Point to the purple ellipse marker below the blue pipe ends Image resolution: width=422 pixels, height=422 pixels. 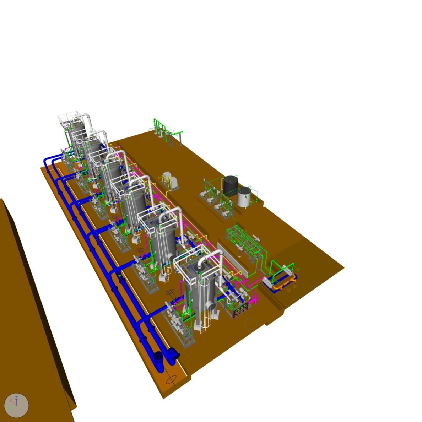pos(171,379)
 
